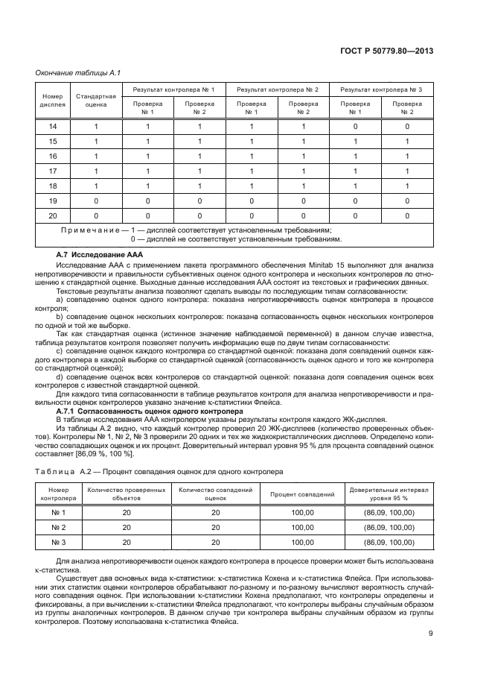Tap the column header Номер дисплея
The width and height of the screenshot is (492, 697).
(x=52, y=101)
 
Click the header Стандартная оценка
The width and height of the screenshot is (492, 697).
(x=95, y=101)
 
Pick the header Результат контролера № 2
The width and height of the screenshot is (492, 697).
(x=277, y=89)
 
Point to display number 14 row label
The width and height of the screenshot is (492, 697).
(x=52, y=127)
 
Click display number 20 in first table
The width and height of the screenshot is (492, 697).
(x=52, y=216)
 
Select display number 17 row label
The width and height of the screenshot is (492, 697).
(x=52, y=171)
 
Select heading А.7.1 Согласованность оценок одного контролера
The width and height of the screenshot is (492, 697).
(x=150, y=411)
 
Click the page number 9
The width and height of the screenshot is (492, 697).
(x=431, y=656)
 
